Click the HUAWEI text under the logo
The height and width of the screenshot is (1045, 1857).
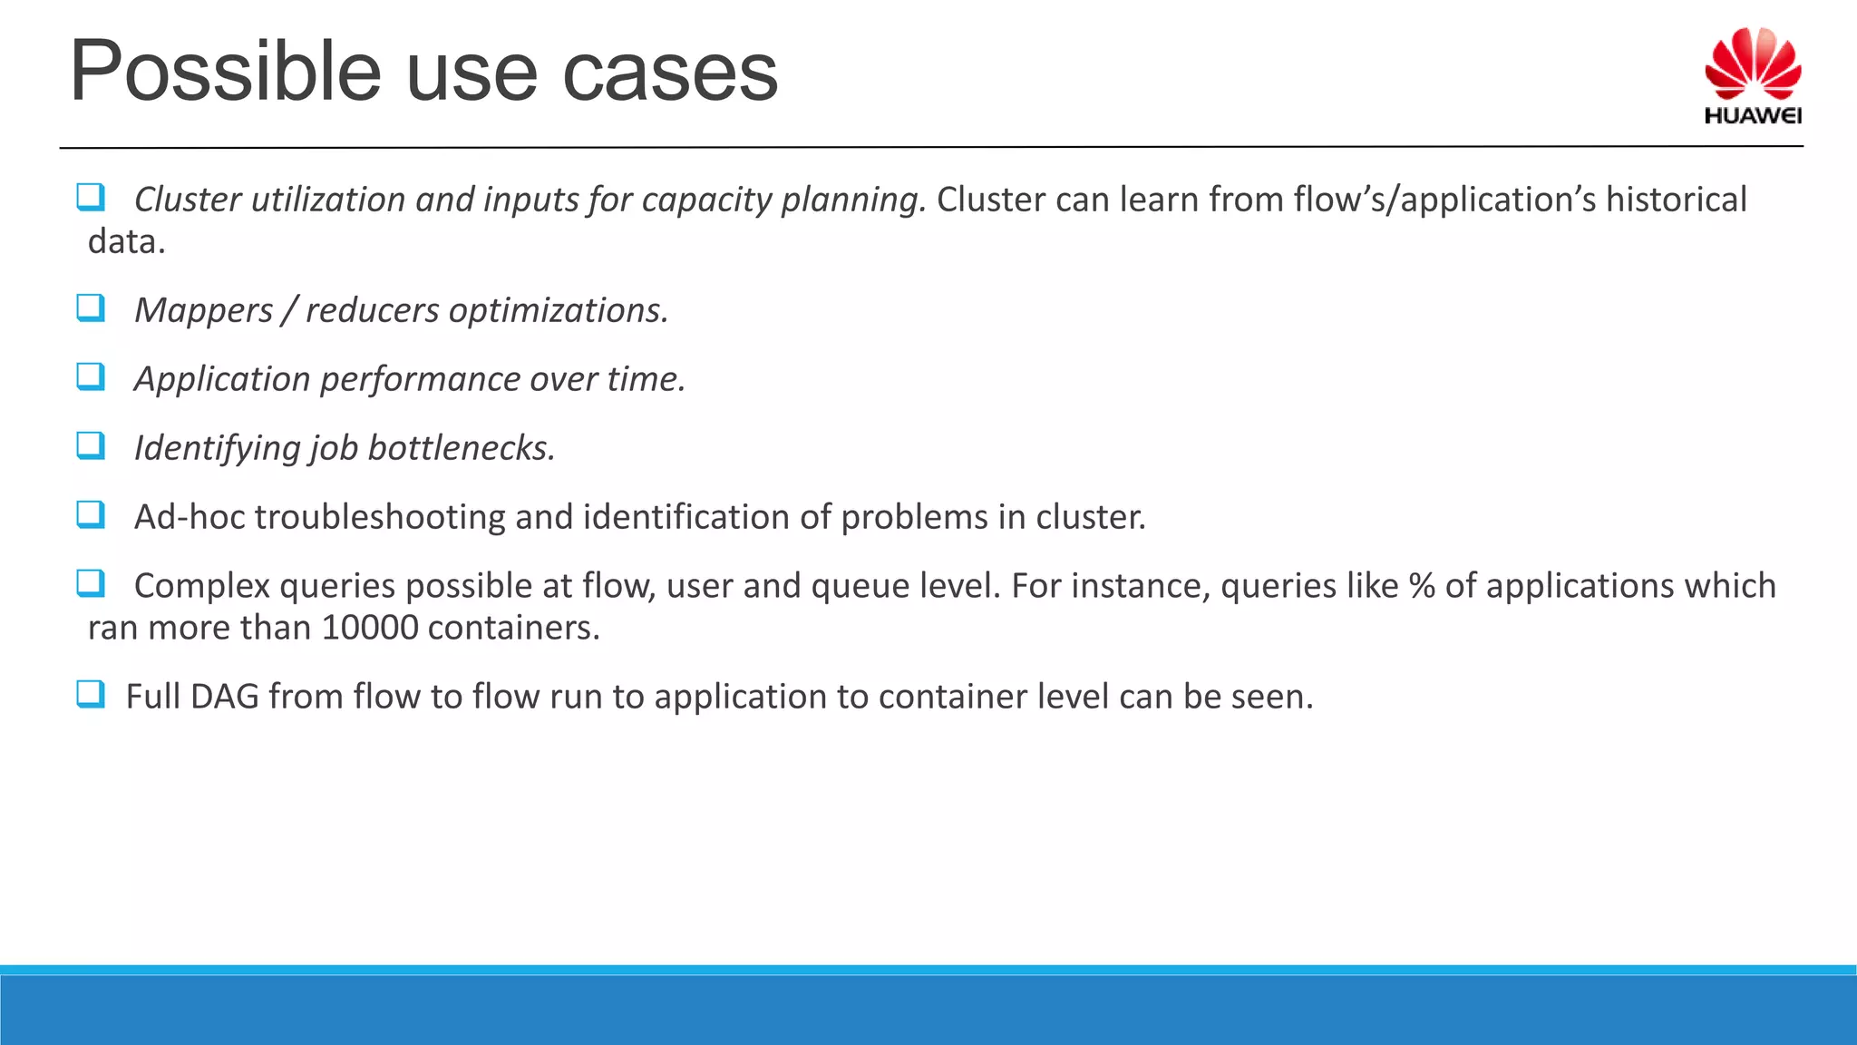(x=1752, y=116)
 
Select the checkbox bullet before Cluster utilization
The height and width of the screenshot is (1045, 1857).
(x=91, y=197)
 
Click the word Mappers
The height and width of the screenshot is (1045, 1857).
(x=203, y=311)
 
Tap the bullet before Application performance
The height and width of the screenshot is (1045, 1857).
(x=91, y=376)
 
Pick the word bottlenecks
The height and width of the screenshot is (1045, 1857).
(x=461, y=448)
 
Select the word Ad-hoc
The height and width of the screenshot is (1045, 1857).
(x=190, y=517)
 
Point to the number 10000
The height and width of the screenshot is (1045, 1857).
(x=369, y=628)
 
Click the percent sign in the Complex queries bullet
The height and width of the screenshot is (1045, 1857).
(x=1421, y=586)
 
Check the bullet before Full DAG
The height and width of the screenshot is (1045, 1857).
(x=91, y=694)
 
